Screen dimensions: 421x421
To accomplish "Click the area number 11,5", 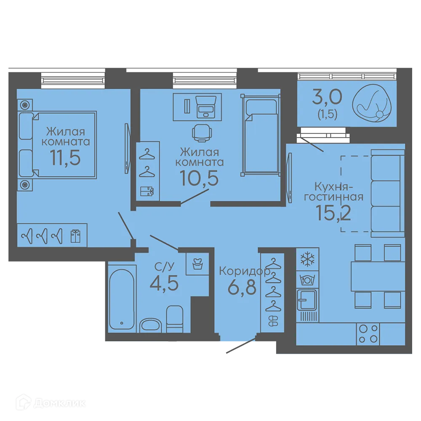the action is [65, 157].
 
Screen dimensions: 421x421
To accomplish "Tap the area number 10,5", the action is [200, 178].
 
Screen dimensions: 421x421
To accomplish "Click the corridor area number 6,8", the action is [242, 287].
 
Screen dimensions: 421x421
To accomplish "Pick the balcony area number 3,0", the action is [327, 97].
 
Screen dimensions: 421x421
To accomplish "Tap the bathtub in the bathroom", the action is [121, 299].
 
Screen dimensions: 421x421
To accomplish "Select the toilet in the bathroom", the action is [175, 319].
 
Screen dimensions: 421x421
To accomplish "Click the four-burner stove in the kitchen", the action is [368, 334].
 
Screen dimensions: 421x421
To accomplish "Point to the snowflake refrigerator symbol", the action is [307, 259].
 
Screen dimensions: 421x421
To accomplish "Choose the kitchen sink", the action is [307, 300].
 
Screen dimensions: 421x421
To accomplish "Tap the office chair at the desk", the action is [202, 133].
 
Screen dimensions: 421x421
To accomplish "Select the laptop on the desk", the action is [206, 107].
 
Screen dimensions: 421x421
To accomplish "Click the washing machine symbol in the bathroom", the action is [197, 264].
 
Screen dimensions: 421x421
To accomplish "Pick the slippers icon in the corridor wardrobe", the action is [273, 320].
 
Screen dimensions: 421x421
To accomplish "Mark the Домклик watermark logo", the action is [51, 402].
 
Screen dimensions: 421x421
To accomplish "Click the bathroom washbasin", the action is [151, 325].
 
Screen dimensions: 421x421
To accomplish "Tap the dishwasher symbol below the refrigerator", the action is [307, 280].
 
